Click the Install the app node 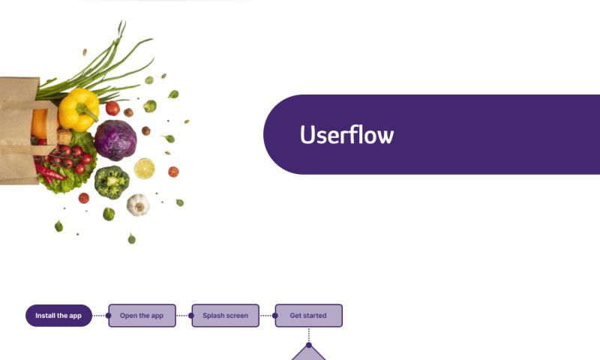click(58, 316)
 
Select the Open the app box click(142, 316)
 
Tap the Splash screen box click(225, 316)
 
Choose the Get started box click(308, 316)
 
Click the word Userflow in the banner click(346, 135)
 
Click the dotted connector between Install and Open click(100, 316)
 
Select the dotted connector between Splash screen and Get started click(267, 316)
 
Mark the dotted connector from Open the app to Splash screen click(183, 316)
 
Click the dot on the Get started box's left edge click(275, 316)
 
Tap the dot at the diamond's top click(308, 345)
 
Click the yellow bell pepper click(78, 109)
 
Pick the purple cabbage click(115, 139)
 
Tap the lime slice click(144, 168)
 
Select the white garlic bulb click(138, 204)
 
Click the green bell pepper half click(111, 181)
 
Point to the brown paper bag click(18, 127)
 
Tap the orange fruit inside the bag click(39, 124)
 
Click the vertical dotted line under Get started click(308, 335)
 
